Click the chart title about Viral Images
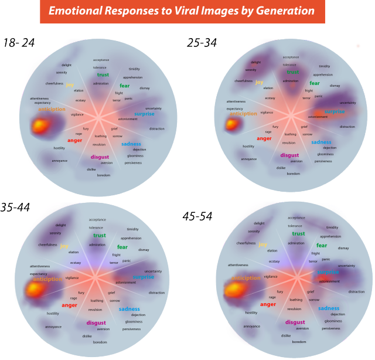pos(182,11)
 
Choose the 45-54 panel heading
pos(197,216)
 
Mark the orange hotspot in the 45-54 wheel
pos(235,290)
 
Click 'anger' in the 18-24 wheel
pos(74,141)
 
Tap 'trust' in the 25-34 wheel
pos(293,72)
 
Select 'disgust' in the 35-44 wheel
pos(96,323)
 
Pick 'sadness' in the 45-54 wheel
pos(329,308)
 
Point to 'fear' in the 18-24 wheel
pos(125,86)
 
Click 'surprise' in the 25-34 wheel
pos(335,111)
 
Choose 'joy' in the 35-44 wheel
pos(64,246)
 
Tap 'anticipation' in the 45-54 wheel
pos(246,279)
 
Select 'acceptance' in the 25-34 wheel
pos(291,57)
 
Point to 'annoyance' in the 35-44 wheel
pos(53,327)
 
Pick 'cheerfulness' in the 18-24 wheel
pos(54,83)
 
